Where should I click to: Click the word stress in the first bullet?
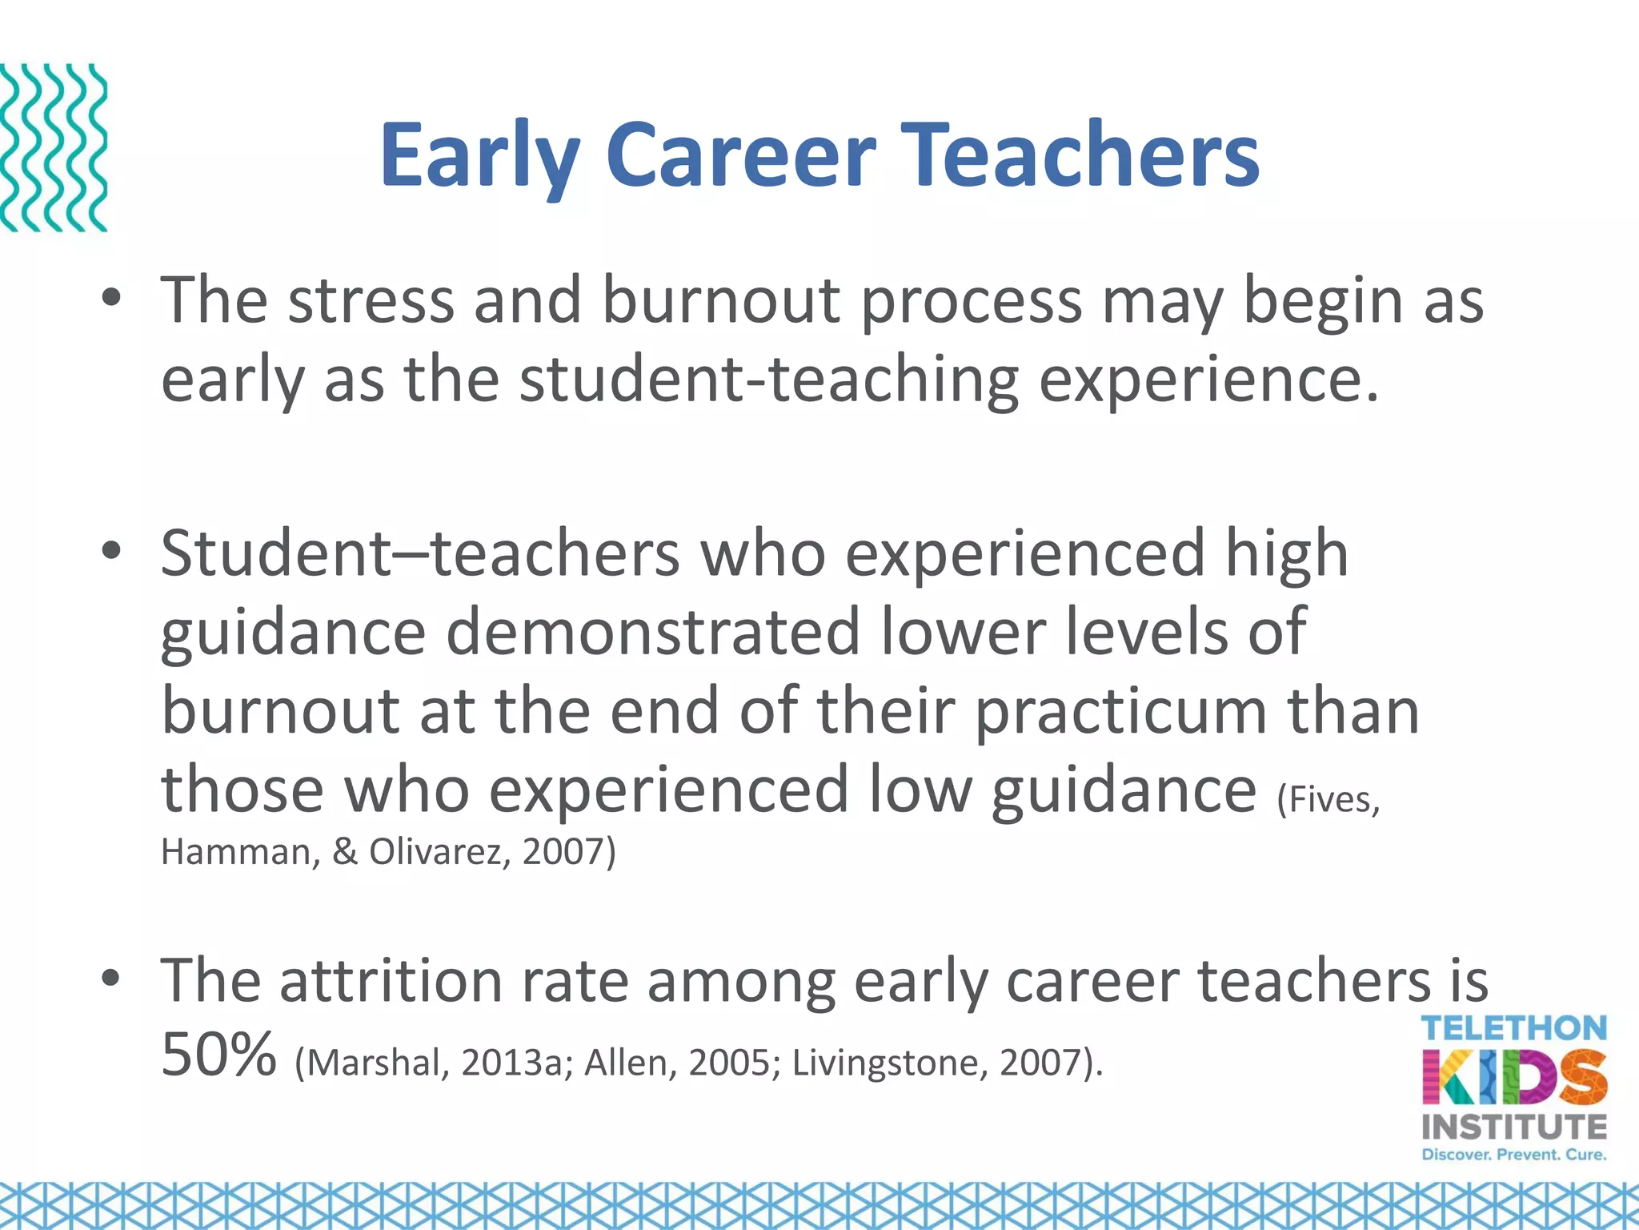[x=370, y=301]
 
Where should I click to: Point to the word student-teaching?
[x=768, y=380]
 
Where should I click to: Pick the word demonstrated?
[x=652, y=633]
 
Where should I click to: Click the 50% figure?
[x=218, y=1055]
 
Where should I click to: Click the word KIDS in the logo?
[x=1514, y=1077]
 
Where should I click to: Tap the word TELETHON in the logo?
[x=1514, y=1028]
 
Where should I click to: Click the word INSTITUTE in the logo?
[x=1514, y=1127]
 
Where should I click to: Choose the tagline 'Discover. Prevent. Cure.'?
[x=1514, y=1155]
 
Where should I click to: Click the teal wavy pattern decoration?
[x=53, y=147]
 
